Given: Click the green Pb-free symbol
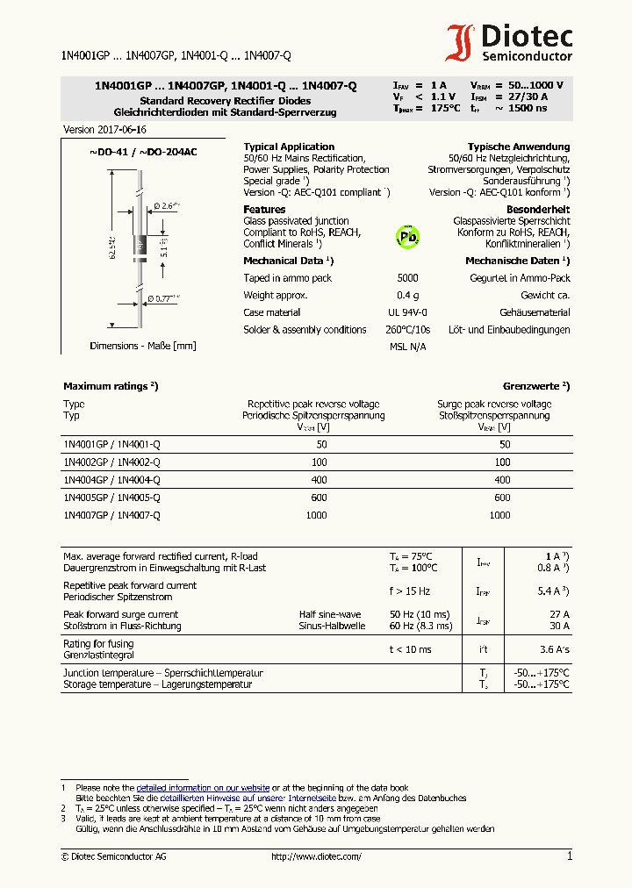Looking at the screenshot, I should (x=408, y=236).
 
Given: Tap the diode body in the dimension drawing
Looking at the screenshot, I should (x=139, y=247).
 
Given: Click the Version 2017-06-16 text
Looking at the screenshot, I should (x=104, y=130).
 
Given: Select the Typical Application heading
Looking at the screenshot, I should (x=289, y=147).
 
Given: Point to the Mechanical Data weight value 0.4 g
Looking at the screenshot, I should (x=407, y=296).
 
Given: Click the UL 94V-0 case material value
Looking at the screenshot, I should (x=407, y=312).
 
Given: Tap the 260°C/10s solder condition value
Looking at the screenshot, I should (x=407, y=330).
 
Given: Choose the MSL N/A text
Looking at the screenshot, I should (x=407, y=347).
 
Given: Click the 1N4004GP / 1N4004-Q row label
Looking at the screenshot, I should (x=111, y=480).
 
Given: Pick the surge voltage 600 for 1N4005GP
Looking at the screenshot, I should (x=501, y=498).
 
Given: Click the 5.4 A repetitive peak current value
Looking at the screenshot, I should (x=553, y=591).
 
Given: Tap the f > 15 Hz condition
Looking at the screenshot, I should (x=410, y=591).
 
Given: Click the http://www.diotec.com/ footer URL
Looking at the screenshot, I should (x=316, y=856).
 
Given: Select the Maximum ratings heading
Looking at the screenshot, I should (x=111, y=386).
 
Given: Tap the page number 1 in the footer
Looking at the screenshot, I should (x=569, y=856).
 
